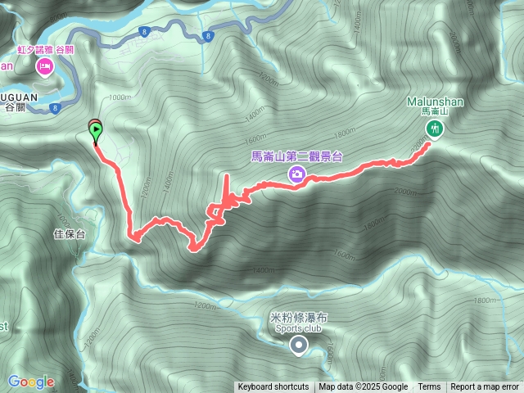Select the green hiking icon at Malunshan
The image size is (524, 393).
click(433, 128)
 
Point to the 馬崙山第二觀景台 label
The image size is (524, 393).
click(296, 156)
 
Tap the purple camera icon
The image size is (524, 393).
click(296, 174)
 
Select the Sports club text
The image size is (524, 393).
click(298, 328)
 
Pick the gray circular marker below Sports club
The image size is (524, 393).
click(299, 346)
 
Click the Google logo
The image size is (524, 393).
click(31, 382)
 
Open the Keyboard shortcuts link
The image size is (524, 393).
click(273, 387)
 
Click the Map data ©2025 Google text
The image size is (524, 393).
click(364, 387)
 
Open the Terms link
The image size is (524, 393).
click(429, 387)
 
